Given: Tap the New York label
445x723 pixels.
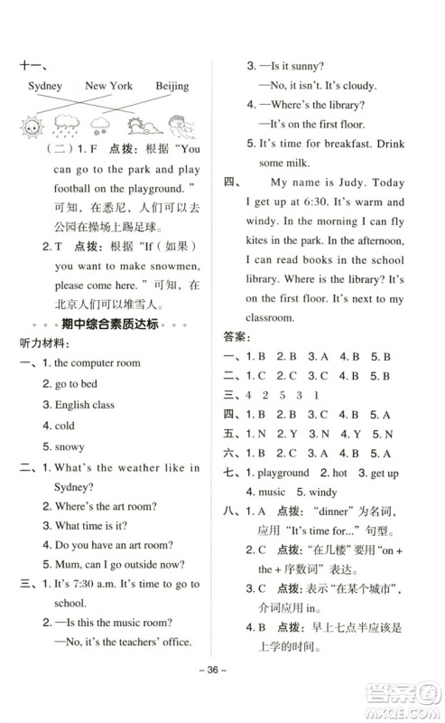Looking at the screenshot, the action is click(x=108, y=87).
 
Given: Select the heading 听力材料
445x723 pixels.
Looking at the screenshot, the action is click(x=40, y=344).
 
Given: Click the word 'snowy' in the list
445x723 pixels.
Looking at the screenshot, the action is click(x=69, y=446).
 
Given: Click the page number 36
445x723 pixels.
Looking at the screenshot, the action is click(x=222, y=695).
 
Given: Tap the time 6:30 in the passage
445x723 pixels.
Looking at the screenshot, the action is click(x=320, y=228).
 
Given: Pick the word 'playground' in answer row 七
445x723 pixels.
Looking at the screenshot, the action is click(x=283, y=473).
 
